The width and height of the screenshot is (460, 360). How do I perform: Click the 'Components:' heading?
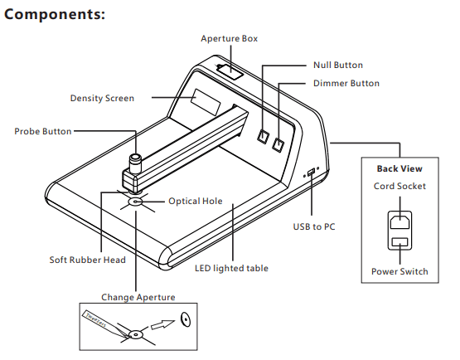click(55, 14)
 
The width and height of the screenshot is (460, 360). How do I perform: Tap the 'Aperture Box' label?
click(229, 39)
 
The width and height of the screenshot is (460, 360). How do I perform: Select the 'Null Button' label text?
click(338, 65)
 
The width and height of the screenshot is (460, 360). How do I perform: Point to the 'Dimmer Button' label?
click(346, 83)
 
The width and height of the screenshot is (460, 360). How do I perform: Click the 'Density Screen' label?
click(102, 98)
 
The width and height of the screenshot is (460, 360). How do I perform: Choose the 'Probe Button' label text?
click(43, 131)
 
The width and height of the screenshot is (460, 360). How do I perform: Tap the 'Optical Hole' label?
click(196, 201)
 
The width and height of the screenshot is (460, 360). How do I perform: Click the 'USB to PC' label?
click(314, 226)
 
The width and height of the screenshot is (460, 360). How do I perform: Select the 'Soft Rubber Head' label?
click(87, 260)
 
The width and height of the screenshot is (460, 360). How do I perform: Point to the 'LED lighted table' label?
click(231, 268)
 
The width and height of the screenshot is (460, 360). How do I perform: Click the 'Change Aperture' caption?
click(138, 297)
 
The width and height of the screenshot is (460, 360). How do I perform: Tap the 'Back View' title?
click(399, 169)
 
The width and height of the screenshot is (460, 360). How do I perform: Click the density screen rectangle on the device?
click(206, 102)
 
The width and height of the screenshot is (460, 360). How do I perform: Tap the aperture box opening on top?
click(230, 71)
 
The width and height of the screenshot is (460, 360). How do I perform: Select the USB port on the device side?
click(311, 172)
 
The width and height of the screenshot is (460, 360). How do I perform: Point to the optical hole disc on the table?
click(136, 202)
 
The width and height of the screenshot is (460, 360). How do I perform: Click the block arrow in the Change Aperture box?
click(162, 324)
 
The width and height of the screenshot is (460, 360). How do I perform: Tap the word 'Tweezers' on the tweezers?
click(95, 319)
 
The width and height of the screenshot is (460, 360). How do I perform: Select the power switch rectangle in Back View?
click(399, 242)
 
